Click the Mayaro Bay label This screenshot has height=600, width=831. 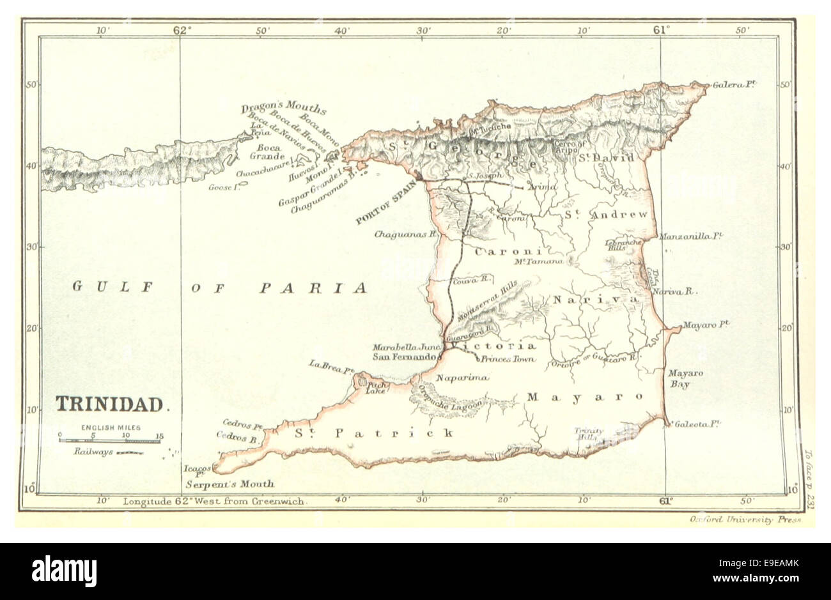point(682,378)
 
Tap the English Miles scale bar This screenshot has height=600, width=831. point(109,440)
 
